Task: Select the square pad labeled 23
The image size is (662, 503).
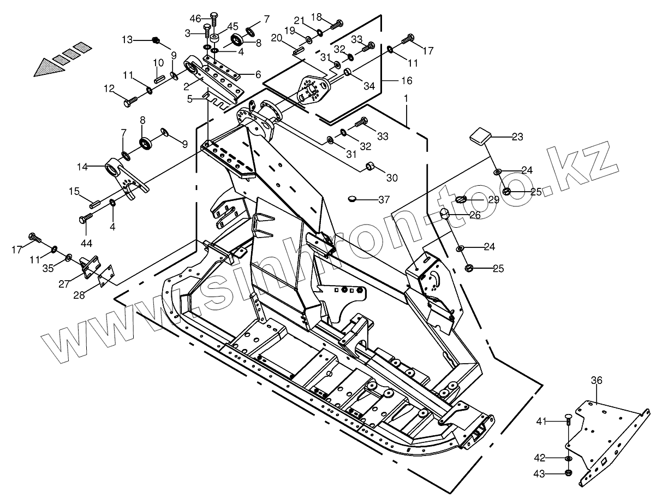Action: (x=479, y=135)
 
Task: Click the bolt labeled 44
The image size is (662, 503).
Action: (x=85, y=219)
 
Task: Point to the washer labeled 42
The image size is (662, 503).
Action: (x=568, y=458)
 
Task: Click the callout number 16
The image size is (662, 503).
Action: (x=406, y=80)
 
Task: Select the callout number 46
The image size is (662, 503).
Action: (x=195, y=19)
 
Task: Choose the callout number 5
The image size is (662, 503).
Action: (x=190, y=99)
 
